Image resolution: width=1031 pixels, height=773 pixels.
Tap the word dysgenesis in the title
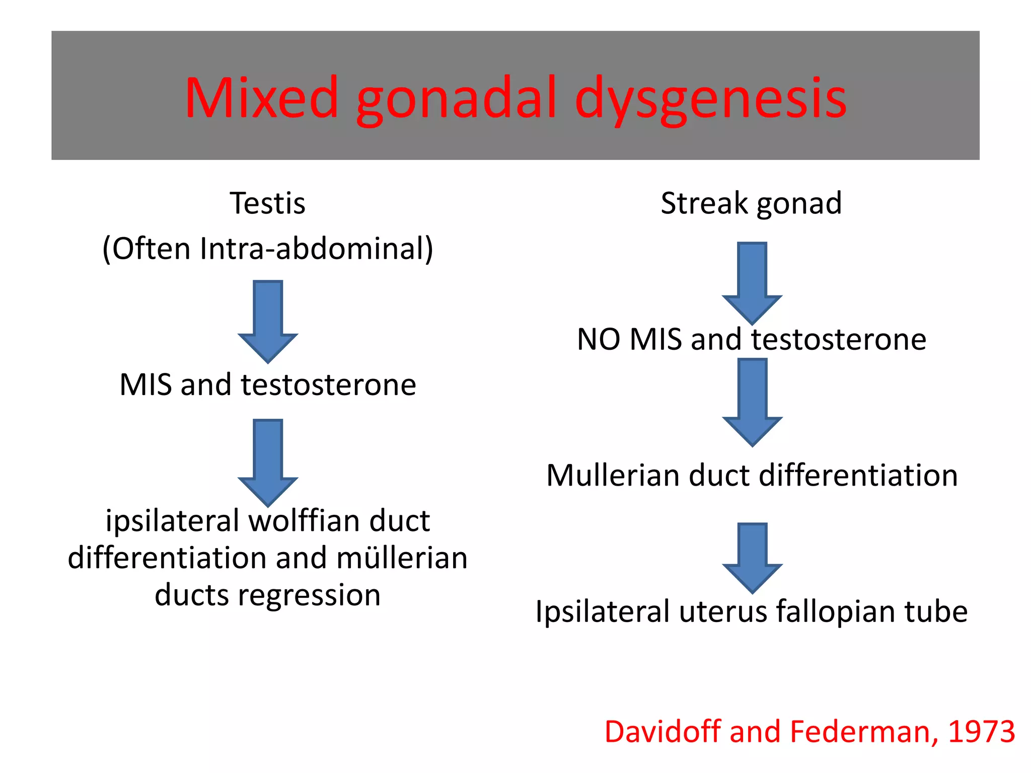pos(710,99)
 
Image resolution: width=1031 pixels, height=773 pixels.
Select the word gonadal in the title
pos(456,99)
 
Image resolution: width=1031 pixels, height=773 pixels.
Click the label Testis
pos(267,203)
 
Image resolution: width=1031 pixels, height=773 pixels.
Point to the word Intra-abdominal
pos(316,248)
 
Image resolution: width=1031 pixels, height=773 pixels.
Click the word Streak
pos(704,203)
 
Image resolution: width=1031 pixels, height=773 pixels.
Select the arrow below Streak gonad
pos(752,283)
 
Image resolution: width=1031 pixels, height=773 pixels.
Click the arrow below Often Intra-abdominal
pos(268,321)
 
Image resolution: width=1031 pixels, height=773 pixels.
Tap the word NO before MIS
pos(599,339)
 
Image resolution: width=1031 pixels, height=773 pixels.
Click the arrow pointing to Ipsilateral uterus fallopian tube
pos(752,558)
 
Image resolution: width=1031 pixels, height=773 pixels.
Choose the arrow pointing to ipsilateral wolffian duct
pos(268,462)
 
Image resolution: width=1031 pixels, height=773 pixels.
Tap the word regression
pos(309,595)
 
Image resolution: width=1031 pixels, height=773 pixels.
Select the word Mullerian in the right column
pos(613,475)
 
